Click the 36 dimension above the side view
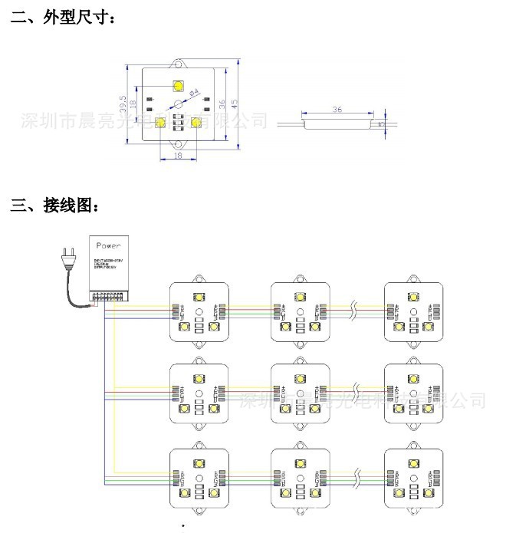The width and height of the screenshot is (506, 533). tap(336, 109)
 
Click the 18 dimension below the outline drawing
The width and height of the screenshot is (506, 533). tap(179, 155)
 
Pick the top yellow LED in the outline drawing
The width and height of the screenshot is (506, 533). tap(179, 85)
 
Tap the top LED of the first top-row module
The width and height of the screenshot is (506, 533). tap(199, 296)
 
